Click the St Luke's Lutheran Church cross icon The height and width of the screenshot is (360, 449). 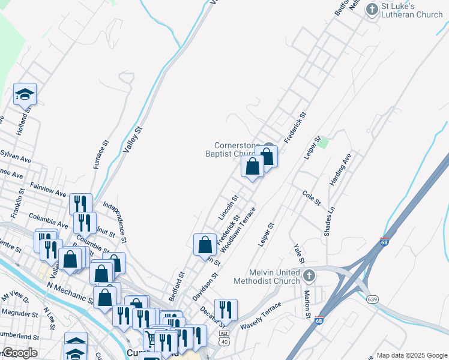372,9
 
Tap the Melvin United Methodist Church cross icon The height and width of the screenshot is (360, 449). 309,276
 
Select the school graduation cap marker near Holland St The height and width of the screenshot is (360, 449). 25,94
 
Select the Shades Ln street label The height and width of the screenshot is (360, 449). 328,222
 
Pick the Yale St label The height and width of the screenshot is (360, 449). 298,253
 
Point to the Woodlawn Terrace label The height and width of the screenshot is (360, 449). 238,229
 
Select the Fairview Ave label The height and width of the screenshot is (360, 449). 47,190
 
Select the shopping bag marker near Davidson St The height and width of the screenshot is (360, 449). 205,245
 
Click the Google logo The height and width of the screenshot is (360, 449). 20,353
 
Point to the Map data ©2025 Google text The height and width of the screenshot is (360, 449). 412,355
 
